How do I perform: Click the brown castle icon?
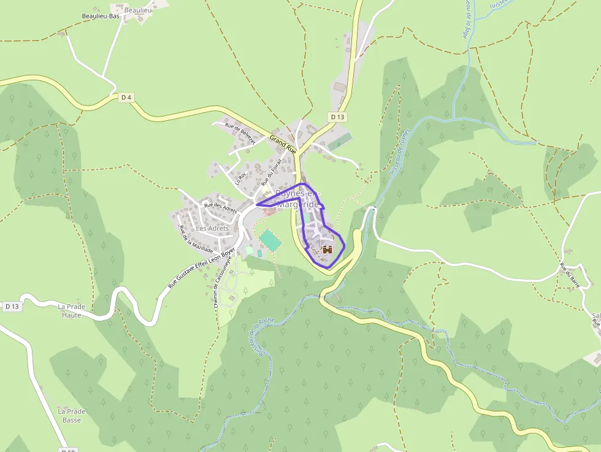point(327,250)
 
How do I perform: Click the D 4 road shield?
point(126,97)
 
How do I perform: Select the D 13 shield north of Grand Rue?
point(338,117)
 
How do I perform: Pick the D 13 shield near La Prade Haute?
point(12,306)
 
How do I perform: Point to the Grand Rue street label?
point(283,145)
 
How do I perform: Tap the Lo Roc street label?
point(241,178)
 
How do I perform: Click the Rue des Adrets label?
point(220,208)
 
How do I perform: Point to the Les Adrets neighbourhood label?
point(212,228)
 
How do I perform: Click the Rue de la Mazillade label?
point(196,240)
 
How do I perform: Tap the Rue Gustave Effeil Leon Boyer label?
point(202,269)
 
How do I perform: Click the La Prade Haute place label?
point(71,310)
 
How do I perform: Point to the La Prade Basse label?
point(72,415)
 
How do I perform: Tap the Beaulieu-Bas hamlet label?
point(101,17)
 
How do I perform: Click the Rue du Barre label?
point(570,275)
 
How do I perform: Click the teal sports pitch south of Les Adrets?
point(270,240)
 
